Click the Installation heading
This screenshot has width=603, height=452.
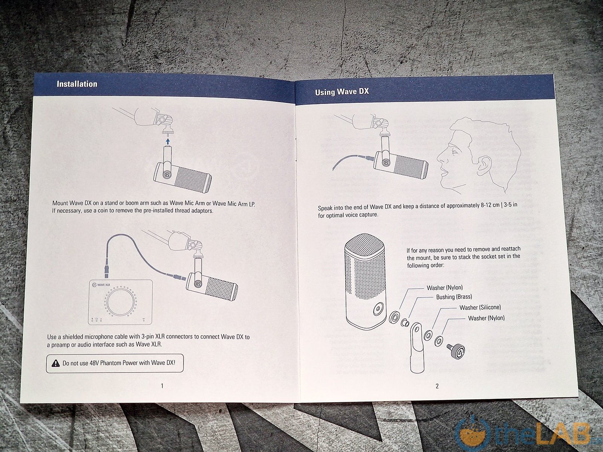point(77,84)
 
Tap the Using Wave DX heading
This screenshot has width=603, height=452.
point(342,92)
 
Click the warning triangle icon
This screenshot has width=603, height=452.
point(56,363)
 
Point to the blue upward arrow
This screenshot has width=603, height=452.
point(168,142)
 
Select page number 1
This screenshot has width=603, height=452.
point(162,386)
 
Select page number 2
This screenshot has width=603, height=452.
point(437,386)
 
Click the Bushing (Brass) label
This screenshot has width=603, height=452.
point(454,297)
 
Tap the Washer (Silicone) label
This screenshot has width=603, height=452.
point(480,307)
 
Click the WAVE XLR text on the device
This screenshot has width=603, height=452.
point(104,285)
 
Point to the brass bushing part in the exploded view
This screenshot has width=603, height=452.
point(405,322)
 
